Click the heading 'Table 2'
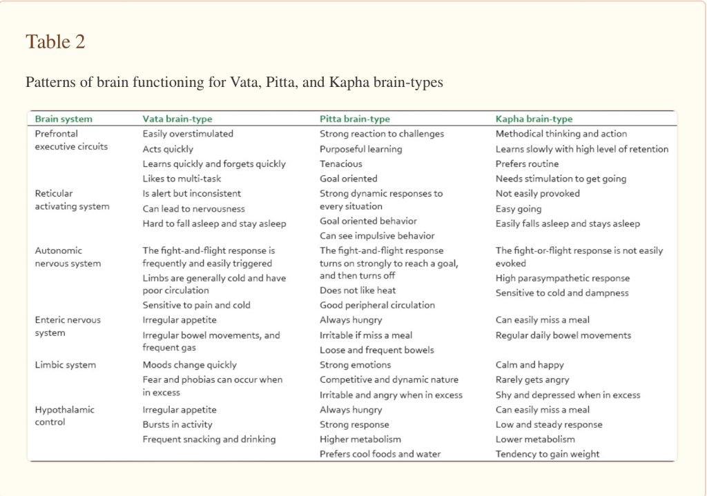(55, 42)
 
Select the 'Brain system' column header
(63, 119)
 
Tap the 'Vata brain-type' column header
(177, 119)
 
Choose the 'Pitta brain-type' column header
(354, 119)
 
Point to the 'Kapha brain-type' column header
(534, 119)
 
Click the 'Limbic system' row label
(66, 365)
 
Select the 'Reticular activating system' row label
(72, 200)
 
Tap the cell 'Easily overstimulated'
(188, 134)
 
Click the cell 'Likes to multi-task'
(182, 179)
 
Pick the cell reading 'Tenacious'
(340, 163)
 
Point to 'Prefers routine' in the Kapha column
(527, 163)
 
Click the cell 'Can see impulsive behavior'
(377, 236)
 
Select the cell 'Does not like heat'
(358, 290)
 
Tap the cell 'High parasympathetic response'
(562, 278)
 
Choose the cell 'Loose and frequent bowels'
(376, 350)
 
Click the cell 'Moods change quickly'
(189, 365)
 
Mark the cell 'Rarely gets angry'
(532, 379)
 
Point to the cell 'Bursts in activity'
(177, 424)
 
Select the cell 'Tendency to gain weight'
(548, 454)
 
